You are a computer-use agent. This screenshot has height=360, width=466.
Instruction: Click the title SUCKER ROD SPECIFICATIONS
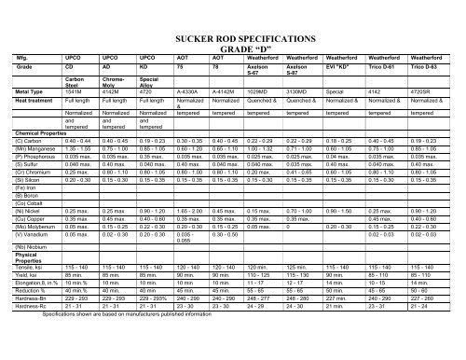click(x=286, y=43)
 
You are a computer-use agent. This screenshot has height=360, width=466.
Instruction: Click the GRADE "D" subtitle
click(x=286, y=55)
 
